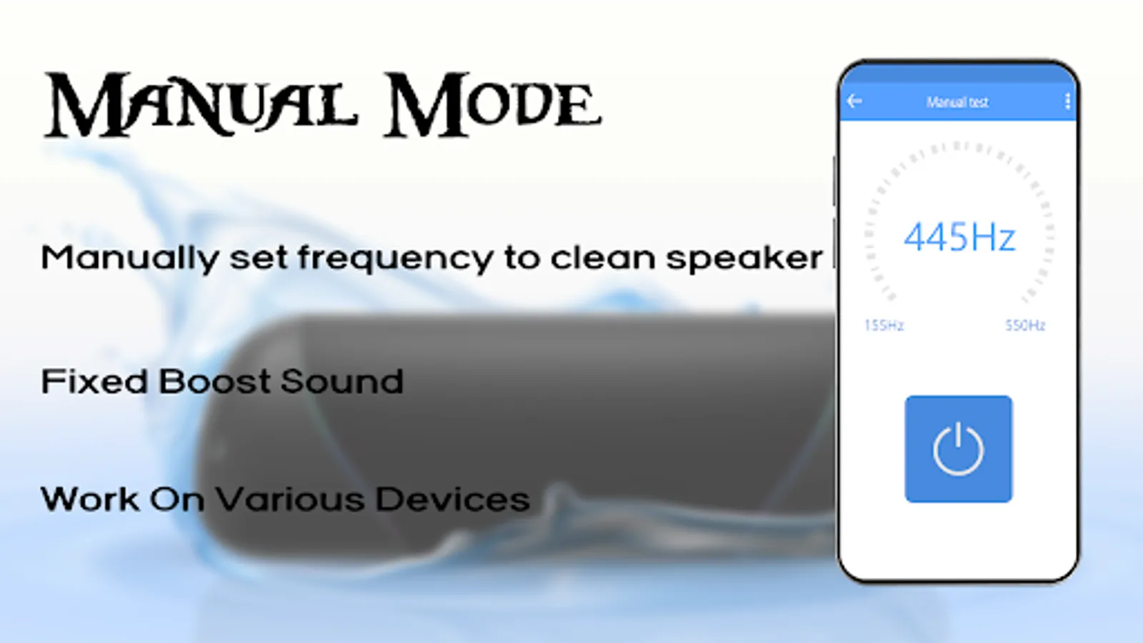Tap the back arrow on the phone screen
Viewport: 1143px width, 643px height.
[x=854, y=101]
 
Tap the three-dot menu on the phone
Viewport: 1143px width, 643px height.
[x=1067, y=101]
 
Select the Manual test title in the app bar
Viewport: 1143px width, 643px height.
[x=957, y=102]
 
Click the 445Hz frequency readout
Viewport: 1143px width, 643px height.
[x=959, y=237]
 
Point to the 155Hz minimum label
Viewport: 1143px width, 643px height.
[x=884, y=325]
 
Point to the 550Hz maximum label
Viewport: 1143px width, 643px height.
[x=1025, y=325]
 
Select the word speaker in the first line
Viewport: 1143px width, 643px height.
[x=744, y=258]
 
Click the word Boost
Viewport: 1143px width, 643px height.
[x=214, y=382]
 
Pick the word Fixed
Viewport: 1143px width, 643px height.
[x=94, y=382]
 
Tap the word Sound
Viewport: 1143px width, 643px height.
[x=342, y=382]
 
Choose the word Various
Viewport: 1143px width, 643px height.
[x=291, y=499]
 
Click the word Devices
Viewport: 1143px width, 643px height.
[x=453, y=499]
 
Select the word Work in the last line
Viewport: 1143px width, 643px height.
[x=90, y=499]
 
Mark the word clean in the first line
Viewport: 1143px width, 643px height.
[x=603, y=257]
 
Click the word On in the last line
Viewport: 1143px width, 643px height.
[x=177, y=499]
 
